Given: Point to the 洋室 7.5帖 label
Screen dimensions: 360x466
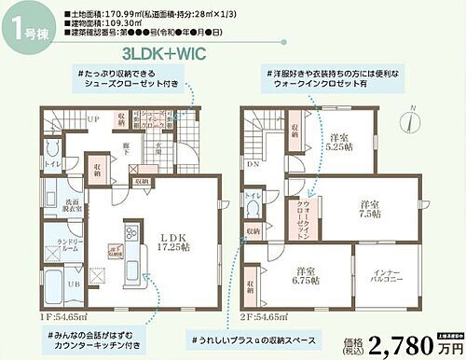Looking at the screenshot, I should pyautogui.click(x=370, y=209).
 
